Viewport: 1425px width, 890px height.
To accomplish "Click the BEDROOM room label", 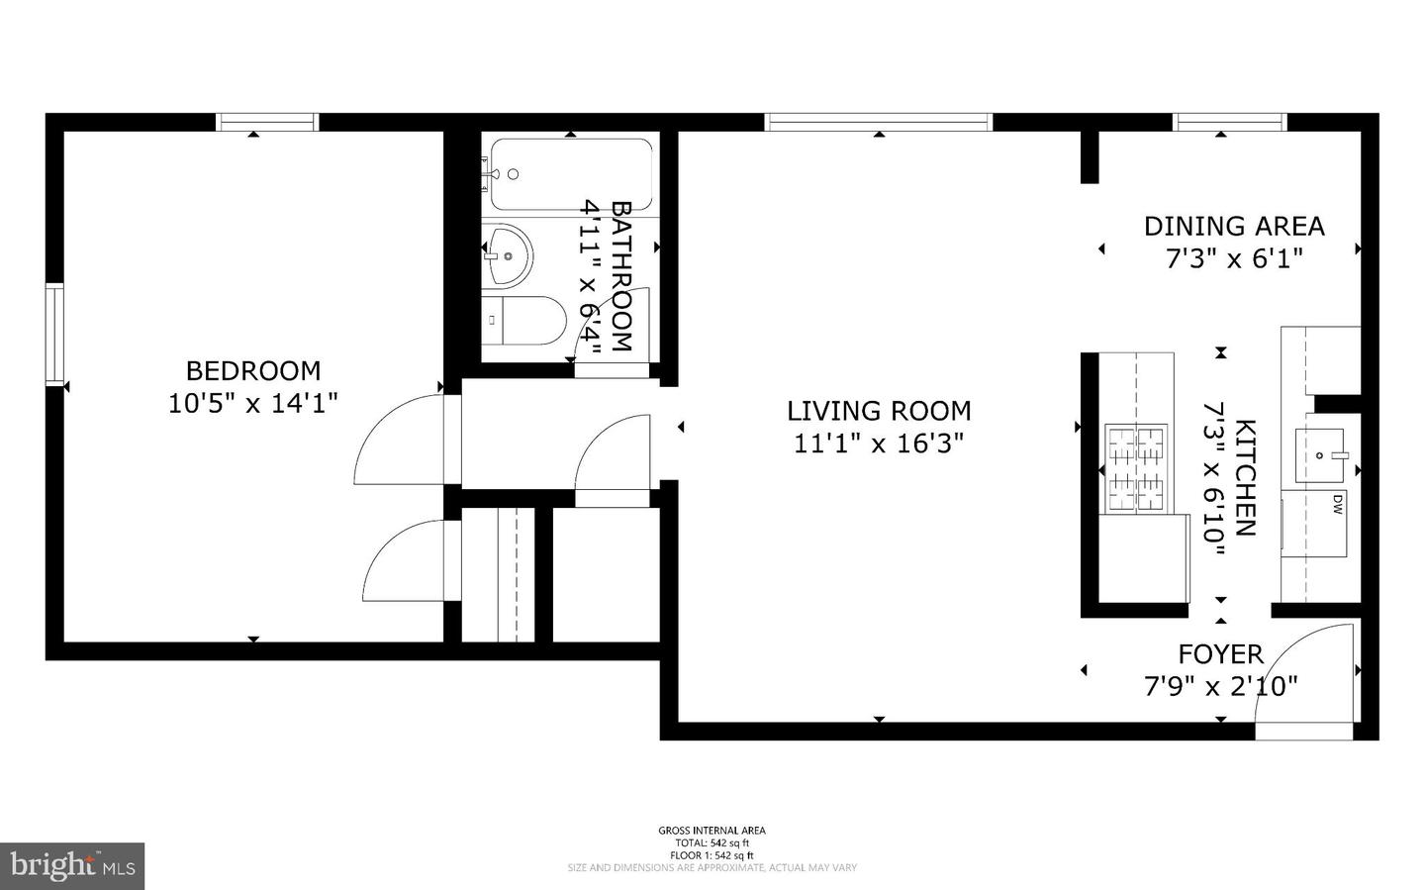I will [253, 370].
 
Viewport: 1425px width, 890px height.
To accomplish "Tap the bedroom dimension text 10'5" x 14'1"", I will [253, 403].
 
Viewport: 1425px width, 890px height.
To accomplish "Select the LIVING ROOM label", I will [879, 410].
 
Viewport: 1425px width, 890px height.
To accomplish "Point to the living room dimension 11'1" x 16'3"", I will [879, 443].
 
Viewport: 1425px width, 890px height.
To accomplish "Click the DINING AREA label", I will [1234, 226].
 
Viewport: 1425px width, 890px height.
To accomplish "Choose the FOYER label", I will [1220, 653].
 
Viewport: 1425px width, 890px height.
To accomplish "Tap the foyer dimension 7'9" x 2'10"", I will [1220, 685].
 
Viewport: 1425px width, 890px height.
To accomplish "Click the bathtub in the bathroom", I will [571, 174].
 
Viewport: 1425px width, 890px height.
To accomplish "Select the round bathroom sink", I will [509, 255].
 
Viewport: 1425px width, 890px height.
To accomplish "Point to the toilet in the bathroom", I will [524, 320].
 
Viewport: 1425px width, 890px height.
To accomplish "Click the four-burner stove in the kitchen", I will [1136, 467].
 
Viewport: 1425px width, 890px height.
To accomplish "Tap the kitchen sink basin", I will [1320, 454].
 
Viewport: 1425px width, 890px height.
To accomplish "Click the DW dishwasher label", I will [1337, 505].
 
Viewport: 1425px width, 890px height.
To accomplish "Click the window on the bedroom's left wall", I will [54, 334].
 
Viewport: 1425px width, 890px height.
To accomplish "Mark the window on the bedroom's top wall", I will [267, 122].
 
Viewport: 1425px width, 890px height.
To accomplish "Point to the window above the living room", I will [878, 122].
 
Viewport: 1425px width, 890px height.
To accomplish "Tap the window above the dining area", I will [1230, 122].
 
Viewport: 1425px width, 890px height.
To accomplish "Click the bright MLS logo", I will [72, 866].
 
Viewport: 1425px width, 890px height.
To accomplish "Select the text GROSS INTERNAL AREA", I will [712, 831].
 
